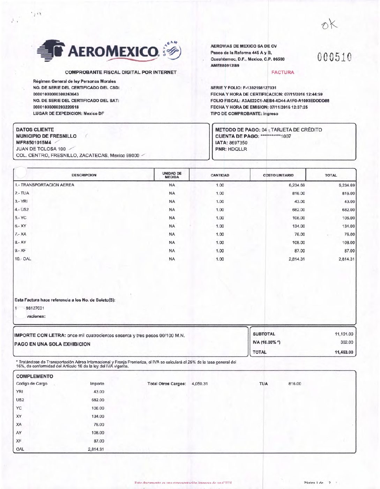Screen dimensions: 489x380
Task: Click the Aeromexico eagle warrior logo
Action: coord(51,51)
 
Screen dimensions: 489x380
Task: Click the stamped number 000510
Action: coord(334,57)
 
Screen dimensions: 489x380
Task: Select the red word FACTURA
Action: coord(283,73)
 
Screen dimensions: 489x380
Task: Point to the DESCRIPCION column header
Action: coord(84,175)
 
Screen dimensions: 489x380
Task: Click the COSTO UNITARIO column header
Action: coord(278,175)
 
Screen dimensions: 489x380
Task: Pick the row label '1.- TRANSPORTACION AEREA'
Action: coord(44,185)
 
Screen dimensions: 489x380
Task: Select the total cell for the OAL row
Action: coord(346,259)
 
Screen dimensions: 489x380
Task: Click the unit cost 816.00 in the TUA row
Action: coord(298,193)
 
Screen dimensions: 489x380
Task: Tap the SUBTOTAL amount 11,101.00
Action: coord(344,334)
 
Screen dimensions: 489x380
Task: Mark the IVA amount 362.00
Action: coord(347,343)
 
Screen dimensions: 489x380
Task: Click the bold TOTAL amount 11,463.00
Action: coord(344,352)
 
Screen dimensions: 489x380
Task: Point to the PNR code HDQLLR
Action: coord(237,149)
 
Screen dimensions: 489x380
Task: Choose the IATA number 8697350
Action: coord(238,143)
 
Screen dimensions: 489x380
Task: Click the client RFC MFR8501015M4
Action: coord(33,143)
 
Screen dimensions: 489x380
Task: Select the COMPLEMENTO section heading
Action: coord(35,376)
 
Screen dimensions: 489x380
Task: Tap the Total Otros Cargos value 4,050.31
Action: coord(200,384)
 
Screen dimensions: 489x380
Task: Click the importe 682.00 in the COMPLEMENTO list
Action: coord(98,400)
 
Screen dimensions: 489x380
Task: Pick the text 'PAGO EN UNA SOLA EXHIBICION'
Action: coord(52,344)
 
